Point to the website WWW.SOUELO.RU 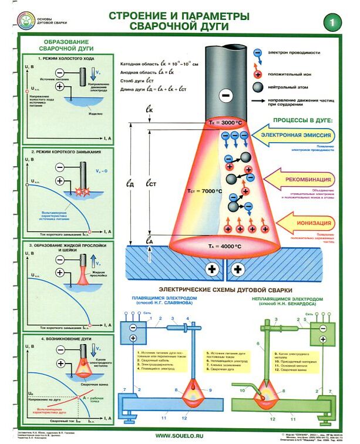click(x=180, y=435)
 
